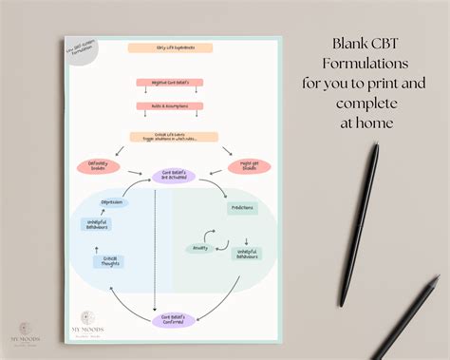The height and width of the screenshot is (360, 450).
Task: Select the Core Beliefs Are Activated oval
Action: tap(173, 176)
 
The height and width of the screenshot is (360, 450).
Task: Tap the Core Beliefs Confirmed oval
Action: tap(173, 319)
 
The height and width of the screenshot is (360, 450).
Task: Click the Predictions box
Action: tap(242, 207)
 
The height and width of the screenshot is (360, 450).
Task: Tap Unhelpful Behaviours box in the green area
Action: tap(249, 255)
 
